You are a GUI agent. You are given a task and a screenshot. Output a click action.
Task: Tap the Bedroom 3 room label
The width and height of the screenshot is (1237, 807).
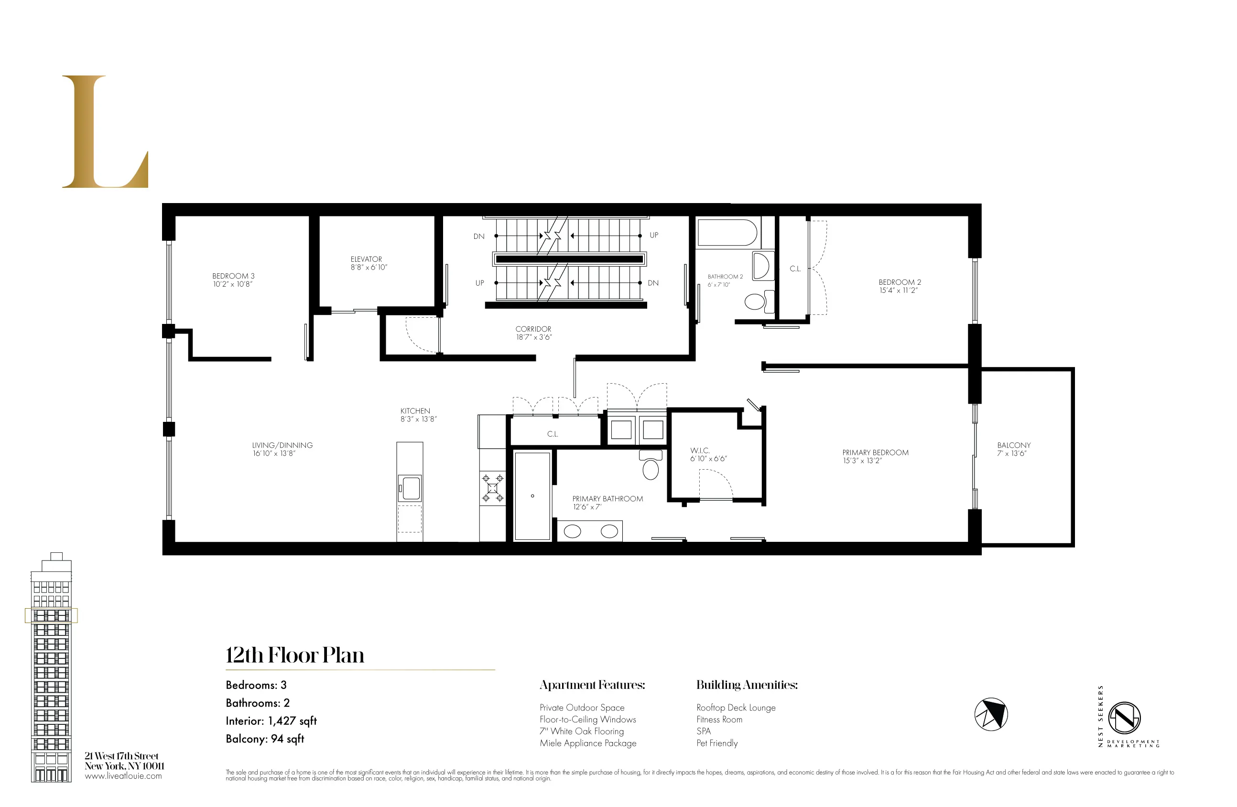click(233, 280)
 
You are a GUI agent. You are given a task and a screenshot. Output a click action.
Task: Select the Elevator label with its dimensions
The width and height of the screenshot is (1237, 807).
click(368, 263)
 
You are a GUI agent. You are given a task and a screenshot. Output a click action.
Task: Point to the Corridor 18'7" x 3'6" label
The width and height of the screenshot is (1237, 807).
click(533, 333)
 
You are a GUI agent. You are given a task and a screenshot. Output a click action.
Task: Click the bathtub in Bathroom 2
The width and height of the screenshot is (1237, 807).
click(727, 232)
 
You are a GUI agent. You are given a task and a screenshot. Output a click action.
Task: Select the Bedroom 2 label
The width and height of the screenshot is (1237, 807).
click(899, 286)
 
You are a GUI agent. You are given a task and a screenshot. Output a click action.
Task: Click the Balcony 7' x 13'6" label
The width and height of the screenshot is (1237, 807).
click(1013, 450)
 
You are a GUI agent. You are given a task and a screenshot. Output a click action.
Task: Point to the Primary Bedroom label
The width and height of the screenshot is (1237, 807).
click(875, 457)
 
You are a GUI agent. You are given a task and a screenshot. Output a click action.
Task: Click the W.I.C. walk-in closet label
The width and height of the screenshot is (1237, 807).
click(707, 455)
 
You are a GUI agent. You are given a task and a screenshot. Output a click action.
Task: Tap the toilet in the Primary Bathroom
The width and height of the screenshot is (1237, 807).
click(650, 465)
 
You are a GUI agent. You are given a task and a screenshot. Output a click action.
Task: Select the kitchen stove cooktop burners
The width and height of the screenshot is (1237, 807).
click(492, 488)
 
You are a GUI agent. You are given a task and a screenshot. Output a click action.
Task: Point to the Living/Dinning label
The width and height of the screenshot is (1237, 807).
click(282, 450)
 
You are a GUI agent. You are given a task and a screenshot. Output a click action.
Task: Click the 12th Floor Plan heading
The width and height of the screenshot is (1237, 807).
click(295, 655)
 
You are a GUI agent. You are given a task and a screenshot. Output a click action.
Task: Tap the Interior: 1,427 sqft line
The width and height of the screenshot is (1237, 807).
click(271, 721)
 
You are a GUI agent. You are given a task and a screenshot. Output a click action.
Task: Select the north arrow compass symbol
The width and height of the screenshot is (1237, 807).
click(991, 714)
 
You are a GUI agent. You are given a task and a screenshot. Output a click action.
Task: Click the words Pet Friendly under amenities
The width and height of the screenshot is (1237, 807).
click(717, 743)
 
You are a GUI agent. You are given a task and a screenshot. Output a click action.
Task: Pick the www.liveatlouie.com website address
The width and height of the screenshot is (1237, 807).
click(123, 776)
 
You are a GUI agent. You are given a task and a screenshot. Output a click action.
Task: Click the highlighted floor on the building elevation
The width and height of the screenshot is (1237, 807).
click(51, 615)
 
